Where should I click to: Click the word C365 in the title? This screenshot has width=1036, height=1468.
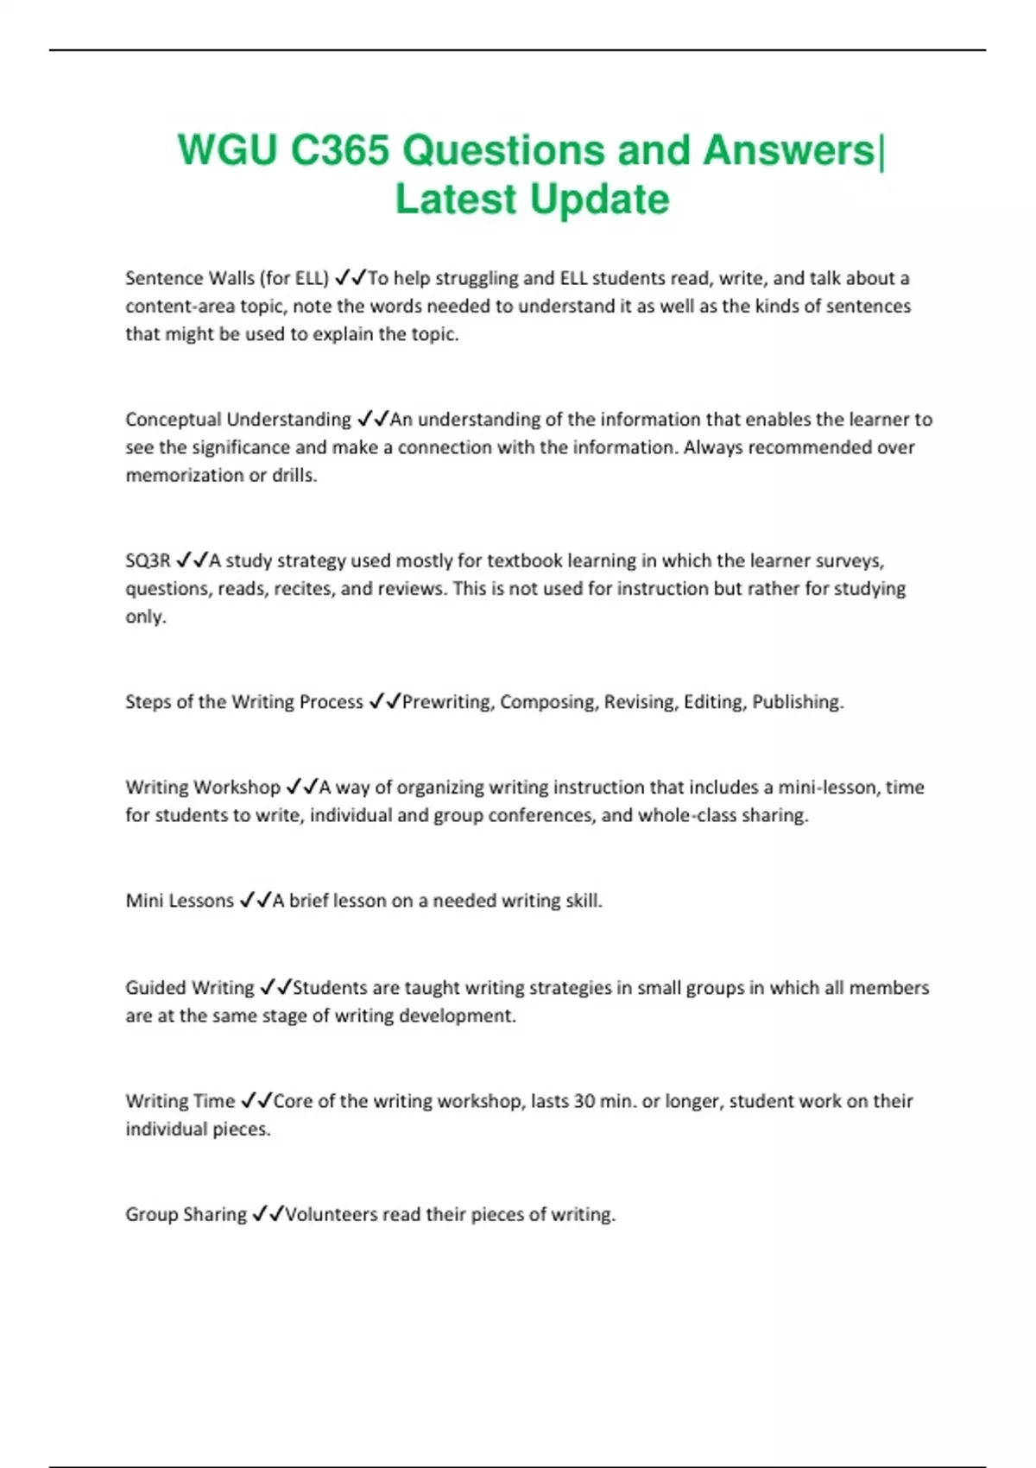point(340,150)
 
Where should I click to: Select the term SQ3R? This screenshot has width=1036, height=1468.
point(148,560)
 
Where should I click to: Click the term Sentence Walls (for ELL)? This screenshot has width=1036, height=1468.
point(227,278)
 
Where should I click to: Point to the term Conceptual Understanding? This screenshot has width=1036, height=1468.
point(238,420)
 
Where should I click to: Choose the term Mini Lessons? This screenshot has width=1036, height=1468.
point(180,901)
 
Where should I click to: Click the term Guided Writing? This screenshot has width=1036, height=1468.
point(190,988)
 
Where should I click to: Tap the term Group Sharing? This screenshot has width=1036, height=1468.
point(186,1214)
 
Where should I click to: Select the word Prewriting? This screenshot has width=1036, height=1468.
point(447,702)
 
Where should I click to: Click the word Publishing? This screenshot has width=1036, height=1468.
point(798,702)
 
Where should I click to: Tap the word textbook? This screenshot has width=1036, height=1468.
point(525,560)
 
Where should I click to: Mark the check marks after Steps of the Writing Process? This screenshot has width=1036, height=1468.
point(384,702)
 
